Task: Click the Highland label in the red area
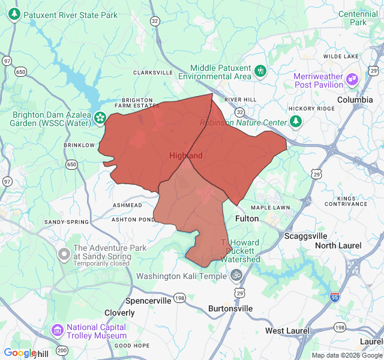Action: [x=186, y=155]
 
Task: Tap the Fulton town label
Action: [x=247, y=218]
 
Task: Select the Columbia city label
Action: [x=355, y=100]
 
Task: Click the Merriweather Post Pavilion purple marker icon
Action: [x=352, y=78]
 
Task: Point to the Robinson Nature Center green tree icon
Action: [x=295, y=122]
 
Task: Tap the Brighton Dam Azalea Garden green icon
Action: [x=100, y=118]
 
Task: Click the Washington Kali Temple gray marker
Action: [x=236, y=275]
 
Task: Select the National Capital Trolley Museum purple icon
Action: [x=58, y=330]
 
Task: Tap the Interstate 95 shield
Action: [x=335, y=297]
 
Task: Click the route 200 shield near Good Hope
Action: [x=61, y=350]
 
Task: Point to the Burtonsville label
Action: [x=230, y=308]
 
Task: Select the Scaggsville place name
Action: [x=305, y=236]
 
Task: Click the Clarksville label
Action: [x=152, y=72]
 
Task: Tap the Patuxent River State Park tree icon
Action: [x=14, y=14]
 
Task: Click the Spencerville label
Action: [x=148, y=300]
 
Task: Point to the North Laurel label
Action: [x=338, y=245]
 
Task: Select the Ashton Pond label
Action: [x=133, y=219]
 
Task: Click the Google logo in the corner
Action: [x=20, y=353]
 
